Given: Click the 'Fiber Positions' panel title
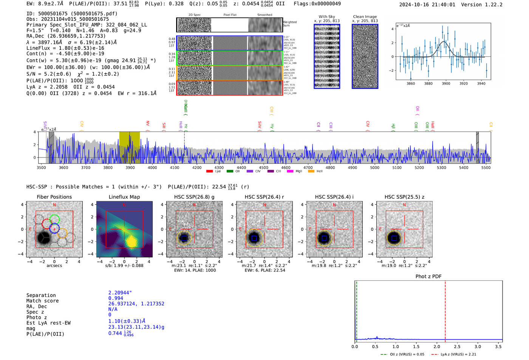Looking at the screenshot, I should pos(54,197).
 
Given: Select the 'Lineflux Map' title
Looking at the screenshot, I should pos(124,197).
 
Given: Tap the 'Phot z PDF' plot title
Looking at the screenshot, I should pos(428,277).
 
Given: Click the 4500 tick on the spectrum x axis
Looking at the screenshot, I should pos(263,168).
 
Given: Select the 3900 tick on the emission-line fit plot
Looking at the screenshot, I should pos(446,83).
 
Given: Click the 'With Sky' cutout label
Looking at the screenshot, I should pos(327,17).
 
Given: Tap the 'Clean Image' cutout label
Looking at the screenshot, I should pos(365,17).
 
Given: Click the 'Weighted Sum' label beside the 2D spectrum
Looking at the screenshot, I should pos(290,24).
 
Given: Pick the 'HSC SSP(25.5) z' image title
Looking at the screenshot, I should pos(404,197).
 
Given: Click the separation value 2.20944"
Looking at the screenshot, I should pos(120,293).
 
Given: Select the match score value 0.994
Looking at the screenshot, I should pos(116,298).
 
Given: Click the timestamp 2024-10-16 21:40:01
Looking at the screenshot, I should pos(427,5).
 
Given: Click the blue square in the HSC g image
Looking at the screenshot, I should pos(184,238).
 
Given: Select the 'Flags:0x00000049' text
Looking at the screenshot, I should pos(317,4).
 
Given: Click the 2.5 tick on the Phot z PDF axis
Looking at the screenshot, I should pos(457,346).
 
